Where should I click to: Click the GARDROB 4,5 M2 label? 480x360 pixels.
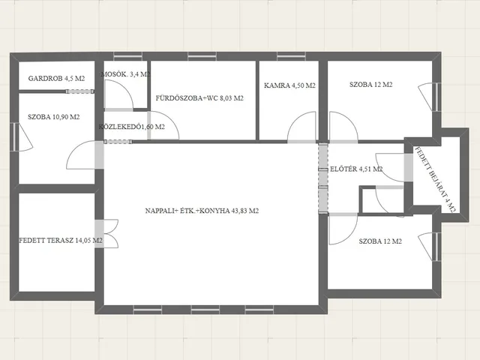pos(56,78)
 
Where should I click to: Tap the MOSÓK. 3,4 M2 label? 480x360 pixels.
pos(125,74)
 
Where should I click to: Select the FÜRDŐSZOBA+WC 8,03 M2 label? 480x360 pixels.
pos(199,98)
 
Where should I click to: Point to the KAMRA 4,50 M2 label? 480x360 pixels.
pos(289,85)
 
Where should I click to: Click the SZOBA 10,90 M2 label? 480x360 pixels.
pos(53,117)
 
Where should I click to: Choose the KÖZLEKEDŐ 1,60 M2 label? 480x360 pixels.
pos(132,127)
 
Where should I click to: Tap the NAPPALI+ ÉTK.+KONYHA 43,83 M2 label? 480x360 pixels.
pos(202,211)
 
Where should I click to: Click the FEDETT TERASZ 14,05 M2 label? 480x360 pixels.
pos(61,241)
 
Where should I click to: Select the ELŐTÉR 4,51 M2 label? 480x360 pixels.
pos(356,169)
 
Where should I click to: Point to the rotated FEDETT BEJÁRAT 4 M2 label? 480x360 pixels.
pos(435,180)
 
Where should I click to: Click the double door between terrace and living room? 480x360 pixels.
pos(106,233)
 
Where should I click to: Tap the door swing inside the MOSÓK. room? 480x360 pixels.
pos(118,94)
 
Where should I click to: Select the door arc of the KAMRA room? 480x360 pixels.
pos(301,127)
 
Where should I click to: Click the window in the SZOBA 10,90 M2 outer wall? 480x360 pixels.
pos(14,136)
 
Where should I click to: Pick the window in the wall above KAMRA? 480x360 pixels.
pos(291,56)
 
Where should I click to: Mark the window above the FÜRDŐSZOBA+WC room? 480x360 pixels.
pos(202,56)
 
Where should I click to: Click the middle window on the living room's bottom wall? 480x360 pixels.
pos(205,310)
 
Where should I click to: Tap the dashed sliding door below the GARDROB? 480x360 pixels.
pos(80,91)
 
